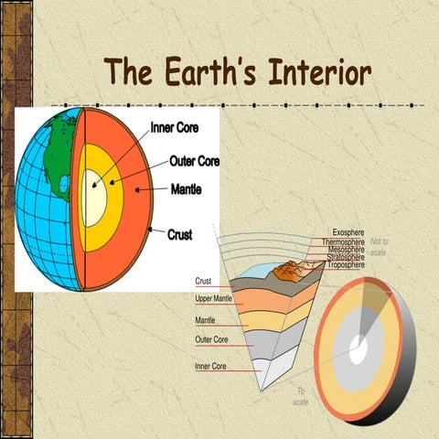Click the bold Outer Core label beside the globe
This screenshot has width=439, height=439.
point(194,162)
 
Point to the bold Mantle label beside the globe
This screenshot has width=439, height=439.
point(193,190)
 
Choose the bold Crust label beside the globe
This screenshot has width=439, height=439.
point(179,234)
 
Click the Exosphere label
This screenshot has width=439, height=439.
point(349,232)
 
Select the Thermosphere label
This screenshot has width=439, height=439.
point(344,241)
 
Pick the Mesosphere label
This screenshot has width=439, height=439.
point(346,250)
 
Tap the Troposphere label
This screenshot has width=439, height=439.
point(347,265)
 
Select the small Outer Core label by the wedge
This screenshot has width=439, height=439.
point(211,339)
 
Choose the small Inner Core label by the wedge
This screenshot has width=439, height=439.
point(211,367)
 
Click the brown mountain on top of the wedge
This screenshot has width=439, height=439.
point(292,270)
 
